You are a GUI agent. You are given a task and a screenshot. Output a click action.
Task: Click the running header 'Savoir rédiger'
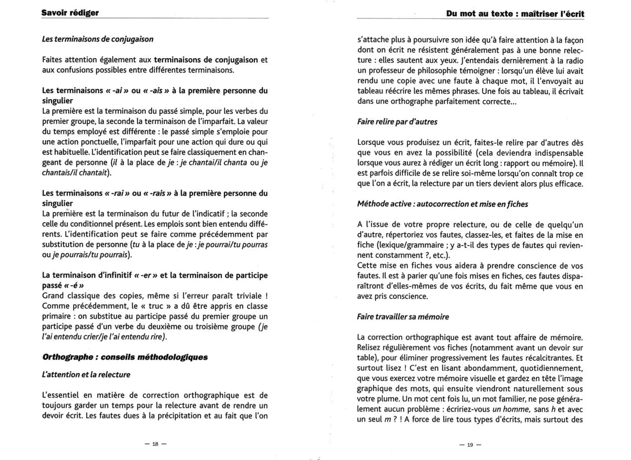coord(70,13)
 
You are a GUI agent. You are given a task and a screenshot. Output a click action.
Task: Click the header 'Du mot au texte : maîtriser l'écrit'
coord(515,14)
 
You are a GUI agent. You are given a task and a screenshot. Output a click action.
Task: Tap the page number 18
coord(155,444)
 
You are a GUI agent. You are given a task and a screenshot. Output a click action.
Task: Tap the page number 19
coord(470,445)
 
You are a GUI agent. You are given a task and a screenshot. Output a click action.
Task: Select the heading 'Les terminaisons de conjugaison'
coord(98,39)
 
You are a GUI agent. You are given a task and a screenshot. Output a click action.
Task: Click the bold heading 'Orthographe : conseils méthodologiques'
coord(125,357)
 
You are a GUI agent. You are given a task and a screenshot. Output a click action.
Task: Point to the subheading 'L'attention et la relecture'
coord(86,375)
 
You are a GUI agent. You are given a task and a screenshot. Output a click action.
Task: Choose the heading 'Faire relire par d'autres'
coord(397,122)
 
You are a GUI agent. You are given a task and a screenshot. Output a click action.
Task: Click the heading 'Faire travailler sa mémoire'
coord(403,317)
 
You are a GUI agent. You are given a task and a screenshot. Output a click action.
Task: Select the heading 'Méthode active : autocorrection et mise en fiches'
coord(442,204)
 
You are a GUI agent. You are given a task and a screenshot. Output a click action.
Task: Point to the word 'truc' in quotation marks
coord(156,306)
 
